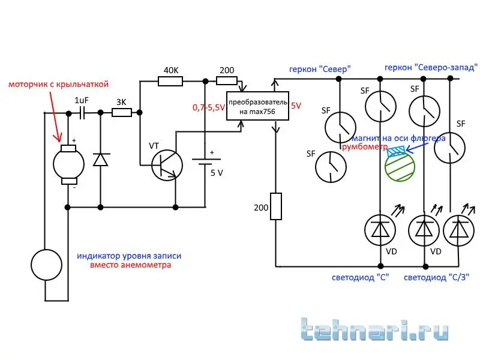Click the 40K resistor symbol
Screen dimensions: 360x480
171,81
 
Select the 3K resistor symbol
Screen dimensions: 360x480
121,112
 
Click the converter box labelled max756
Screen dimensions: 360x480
257,106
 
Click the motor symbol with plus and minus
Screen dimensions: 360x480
68,162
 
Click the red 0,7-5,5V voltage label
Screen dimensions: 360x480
208,107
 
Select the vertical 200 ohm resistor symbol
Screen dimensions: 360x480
275,206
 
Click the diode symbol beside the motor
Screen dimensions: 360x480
100,160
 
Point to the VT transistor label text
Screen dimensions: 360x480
154,146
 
